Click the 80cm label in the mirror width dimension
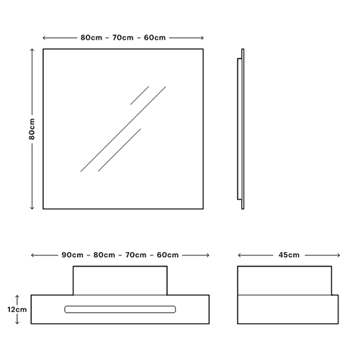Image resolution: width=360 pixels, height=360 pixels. click(x=91, y=37)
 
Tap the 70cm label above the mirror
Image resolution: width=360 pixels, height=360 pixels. click(x=123, y=37)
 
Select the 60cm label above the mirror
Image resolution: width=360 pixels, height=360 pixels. click(x=155, y=37)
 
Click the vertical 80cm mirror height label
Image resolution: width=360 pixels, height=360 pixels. click(x=32, y=129)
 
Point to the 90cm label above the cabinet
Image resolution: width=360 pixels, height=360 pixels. click(x=73, y=255)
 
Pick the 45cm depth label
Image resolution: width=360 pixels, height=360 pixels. click(x=289, y=255)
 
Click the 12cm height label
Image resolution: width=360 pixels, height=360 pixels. click(x=17, y=310)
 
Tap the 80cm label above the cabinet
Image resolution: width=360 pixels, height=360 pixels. click(x=104, y=255)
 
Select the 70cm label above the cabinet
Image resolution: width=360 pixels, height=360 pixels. click(x=136, y=255)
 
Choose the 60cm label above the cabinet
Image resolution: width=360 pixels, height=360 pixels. click(x=168, y=255)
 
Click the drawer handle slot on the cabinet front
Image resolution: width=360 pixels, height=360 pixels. click(x=120, y=310)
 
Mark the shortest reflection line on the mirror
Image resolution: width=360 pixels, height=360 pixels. click(x=140, y=96)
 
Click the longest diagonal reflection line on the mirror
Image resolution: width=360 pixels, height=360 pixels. click(x=123, y=129)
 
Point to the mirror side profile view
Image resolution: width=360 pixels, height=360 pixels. click(x=240, y=129)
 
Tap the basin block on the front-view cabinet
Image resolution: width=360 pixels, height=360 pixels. click(x=120, y=280)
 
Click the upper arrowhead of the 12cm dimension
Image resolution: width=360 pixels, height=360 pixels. click(x=17, y=297)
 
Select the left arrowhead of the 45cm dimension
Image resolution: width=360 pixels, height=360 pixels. click(x=239, y=255)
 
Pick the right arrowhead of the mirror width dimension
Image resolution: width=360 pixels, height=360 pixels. click(x=202, y=37)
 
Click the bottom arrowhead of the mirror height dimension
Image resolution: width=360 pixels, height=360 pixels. click(x=32, y=208)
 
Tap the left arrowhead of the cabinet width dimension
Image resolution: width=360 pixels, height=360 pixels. click(x=32, y=256)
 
